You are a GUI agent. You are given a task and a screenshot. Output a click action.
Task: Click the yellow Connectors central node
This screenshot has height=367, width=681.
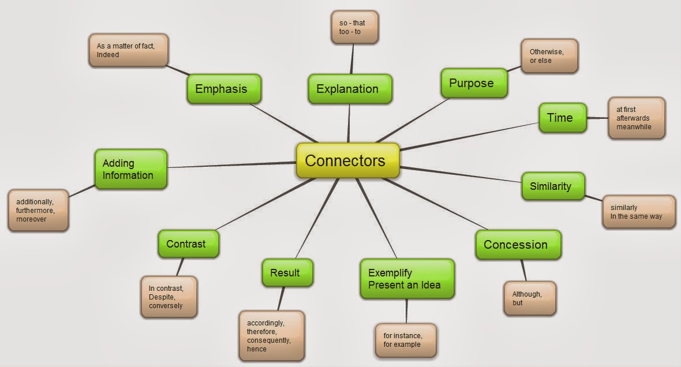347,160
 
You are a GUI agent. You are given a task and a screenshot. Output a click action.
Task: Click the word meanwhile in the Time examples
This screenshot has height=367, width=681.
634,127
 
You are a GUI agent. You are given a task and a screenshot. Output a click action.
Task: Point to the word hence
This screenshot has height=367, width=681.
256,350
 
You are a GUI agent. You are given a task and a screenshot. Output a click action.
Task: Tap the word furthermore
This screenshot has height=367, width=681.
35,211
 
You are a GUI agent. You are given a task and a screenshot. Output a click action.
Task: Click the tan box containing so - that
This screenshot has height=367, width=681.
354,27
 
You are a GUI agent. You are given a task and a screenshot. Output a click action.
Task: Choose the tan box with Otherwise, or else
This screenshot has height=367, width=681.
549,56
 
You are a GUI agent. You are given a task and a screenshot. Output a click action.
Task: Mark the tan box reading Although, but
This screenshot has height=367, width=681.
529,298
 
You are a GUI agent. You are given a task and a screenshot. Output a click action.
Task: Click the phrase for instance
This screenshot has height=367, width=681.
402,336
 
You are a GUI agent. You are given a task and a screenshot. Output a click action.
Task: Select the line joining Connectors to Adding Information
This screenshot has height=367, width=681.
231,166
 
